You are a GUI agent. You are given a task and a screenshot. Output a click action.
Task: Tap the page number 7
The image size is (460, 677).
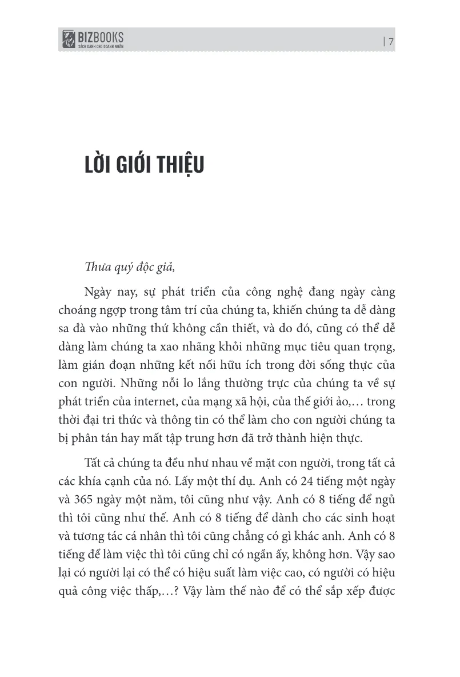tap(391, 41)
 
